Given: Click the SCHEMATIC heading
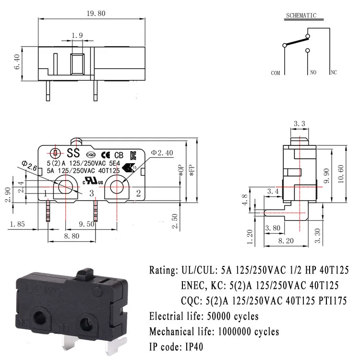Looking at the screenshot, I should [x=301, y=15].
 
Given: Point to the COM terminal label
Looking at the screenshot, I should [x=276, y=73].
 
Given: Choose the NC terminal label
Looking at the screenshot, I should [x=334, y=73].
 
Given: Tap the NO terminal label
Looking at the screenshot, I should [x=312, y=73].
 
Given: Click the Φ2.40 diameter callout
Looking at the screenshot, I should [x=162, y=153].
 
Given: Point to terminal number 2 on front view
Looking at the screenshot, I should [x=138, y=193].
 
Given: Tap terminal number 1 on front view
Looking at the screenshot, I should [x=46, y=193].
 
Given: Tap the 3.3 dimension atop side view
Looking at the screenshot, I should [x=299, y=124].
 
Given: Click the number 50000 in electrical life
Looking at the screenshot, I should [x=218, y=316].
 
